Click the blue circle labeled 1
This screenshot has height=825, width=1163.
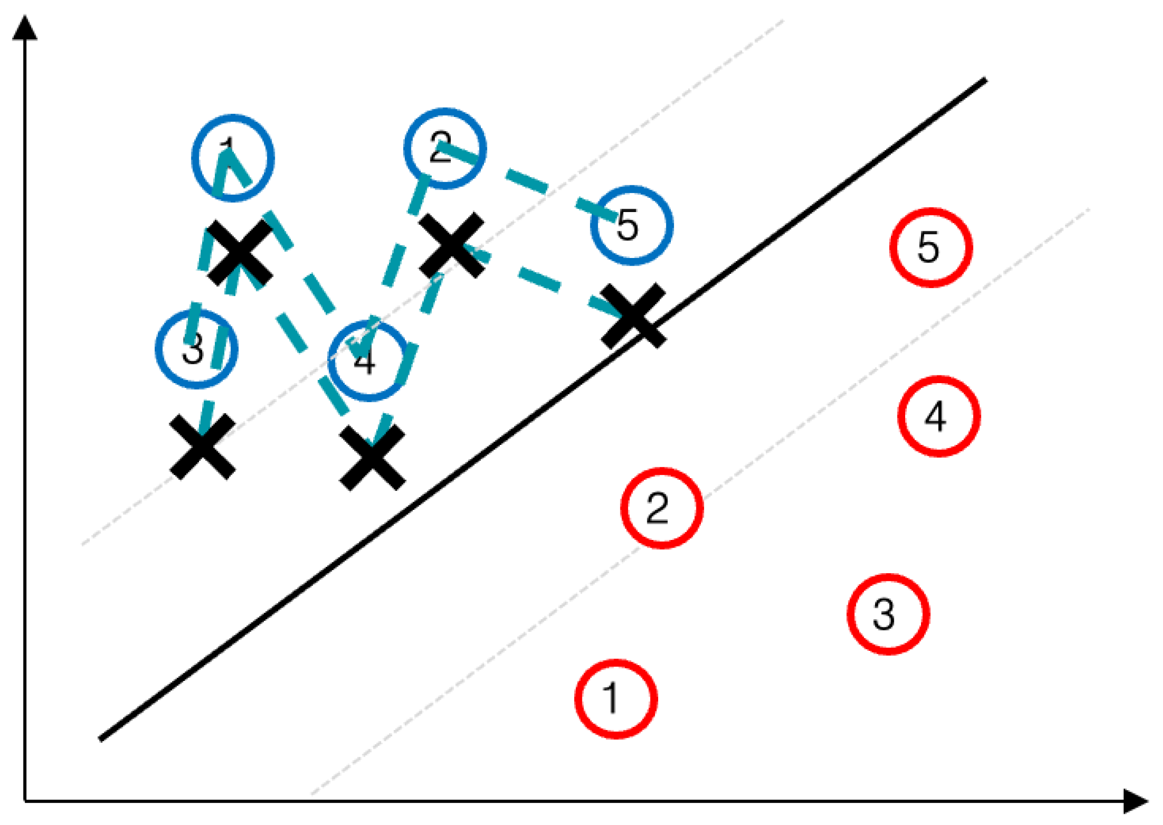(233, 158)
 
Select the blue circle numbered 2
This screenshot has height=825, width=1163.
(445, 149)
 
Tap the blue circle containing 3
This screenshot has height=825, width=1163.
(197, 349)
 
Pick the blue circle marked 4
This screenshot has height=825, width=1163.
(369, 361)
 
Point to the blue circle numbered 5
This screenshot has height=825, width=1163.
(632, 225)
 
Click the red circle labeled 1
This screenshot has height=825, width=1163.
(616, 699)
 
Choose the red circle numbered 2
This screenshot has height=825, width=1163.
(662, 508)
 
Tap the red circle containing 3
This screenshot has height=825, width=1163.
(888, 615)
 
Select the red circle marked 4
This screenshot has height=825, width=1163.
(939, 416)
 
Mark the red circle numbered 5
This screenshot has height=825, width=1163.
(931, 248)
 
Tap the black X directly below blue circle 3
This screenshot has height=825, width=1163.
(202, 447)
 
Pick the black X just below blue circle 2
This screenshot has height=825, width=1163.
(451, 245)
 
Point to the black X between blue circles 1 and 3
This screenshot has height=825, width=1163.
(240, 252)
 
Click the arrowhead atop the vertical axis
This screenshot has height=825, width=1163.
(25, 28)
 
